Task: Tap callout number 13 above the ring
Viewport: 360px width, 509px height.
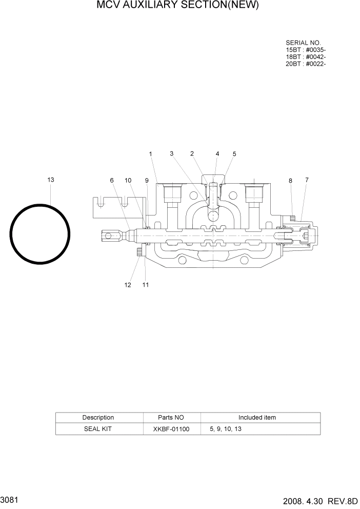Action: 51,180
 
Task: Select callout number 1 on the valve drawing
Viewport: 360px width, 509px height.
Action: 151,153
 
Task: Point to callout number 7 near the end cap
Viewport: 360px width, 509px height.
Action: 306,180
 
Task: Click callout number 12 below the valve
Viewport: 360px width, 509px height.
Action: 128,285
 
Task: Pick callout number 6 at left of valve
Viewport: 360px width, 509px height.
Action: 111,180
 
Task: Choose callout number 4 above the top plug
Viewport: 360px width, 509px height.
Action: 217,153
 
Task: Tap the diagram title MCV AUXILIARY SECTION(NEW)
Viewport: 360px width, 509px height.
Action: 177,6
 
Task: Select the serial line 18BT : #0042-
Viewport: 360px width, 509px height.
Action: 306,56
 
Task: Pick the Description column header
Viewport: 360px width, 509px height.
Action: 98,418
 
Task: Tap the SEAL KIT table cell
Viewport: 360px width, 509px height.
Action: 97,429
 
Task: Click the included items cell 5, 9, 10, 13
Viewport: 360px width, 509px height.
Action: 226,429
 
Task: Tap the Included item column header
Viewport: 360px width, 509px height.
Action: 257,418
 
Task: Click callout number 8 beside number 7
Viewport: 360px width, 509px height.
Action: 290,181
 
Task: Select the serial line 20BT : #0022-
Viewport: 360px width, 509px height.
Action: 306,64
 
